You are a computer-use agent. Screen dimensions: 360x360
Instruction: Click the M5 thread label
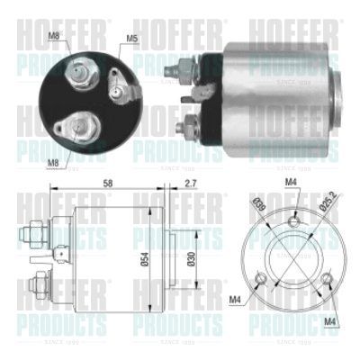point(131,39)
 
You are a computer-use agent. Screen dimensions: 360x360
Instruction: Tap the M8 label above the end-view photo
point(53,38)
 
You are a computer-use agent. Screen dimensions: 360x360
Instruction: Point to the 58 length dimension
point(107,184)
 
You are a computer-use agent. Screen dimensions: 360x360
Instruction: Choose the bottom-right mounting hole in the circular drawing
point(327,279)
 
